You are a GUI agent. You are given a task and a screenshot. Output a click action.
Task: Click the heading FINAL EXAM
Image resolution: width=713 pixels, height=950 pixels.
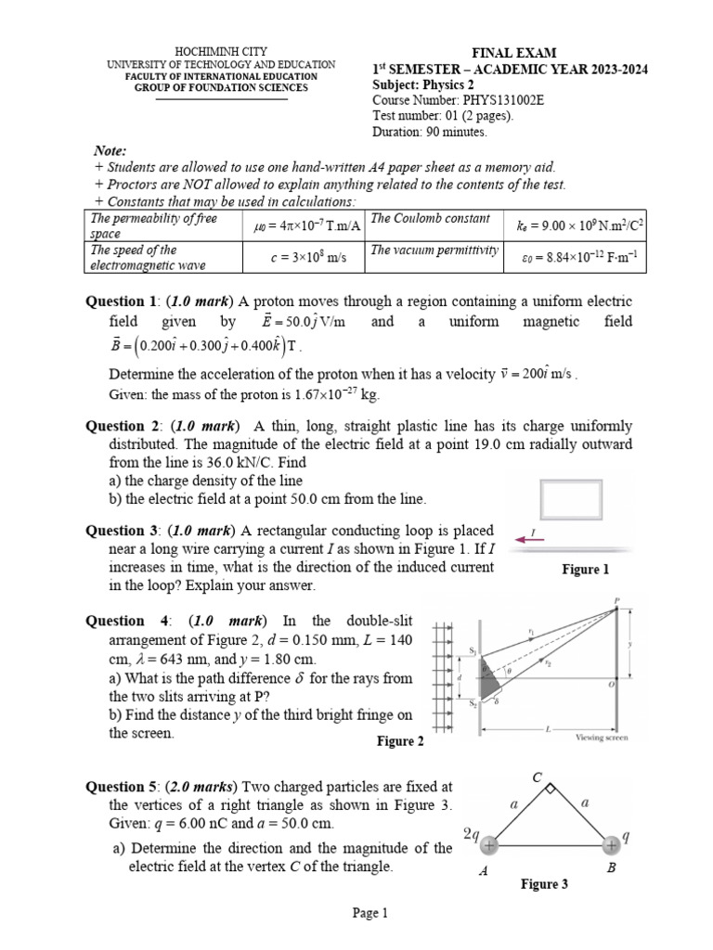tap(510, 53)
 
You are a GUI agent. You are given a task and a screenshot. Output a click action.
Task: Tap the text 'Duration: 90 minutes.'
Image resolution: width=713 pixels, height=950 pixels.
tap(430, 132)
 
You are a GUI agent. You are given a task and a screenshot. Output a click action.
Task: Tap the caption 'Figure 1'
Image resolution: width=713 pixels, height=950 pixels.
tap(586, 570)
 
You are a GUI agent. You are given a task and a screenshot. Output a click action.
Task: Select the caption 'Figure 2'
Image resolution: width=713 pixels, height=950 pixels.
tap(400, 741)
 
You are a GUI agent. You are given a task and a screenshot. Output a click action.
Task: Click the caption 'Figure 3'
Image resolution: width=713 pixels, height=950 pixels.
tap(544, 884)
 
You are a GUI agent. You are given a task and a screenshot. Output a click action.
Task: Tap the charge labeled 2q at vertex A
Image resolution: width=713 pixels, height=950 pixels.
tap(488, 845)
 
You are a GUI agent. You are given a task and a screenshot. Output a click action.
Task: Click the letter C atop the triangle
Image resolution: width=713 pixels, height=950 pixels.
tap(537, 776)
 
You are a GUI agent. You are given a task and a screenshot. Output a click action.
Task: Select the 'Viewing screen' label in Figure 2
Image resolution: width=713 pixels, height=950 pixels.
tap(603, 738)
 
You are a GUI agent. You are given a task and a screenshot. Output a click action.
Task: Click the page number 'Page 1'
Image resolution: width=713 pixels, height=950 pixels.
tap(369, 914)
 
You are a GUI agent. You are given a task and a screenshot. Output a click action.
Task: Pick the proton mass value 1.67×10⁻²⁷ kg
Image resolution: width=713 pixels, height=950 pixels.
tap(322, 394)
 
